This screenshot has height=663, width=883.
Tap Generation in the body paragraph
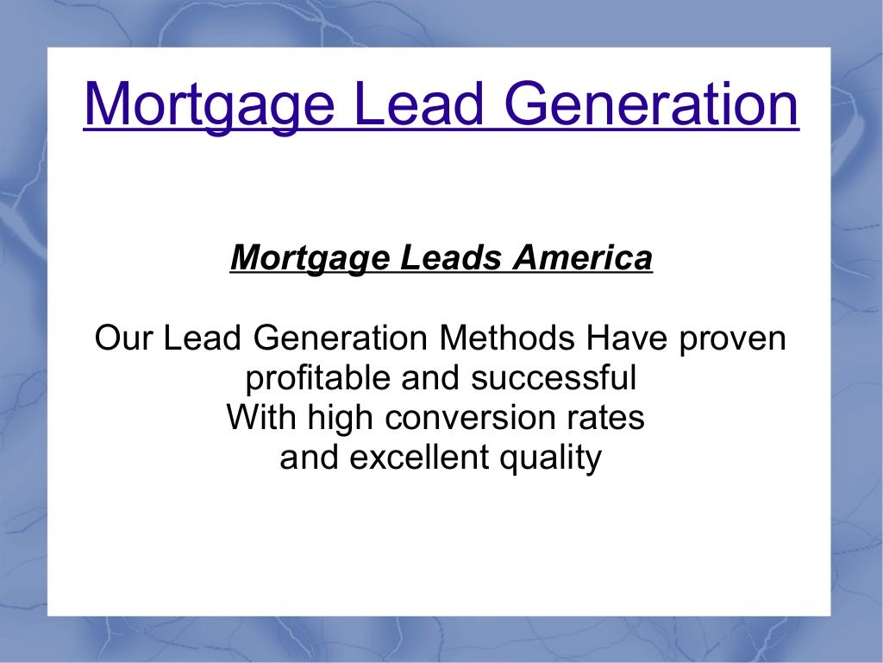(x=341, y=338)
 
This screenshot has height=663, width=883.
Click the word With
(x=258, y=418)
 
